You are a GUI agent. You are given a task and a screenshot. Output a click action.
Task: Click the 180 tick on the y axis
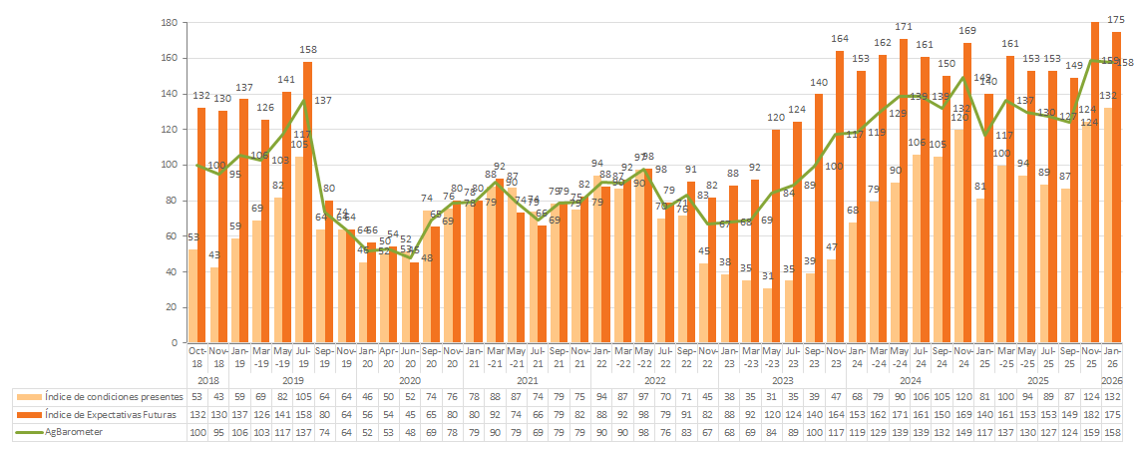(x=170, y=22)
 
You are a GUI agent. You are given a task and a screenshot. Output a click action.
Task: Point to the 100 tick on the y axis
(x=170, y=165)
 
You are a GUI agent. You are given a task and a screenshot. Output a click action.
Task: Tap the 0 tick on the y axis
(x=175, y=343)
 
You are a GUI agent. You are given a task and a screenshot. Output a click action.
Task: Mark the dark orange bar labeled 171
(x=904, y=190)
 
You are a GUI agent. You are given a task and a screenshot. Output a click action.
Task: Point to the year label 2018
(x=206, y=380)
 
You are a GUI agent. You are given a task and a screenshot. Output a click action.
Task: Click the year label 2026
(x=1111, y=380)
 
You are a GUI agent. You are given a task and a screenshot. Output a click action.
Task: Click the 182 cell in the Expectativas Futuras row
(x=1090, y=414)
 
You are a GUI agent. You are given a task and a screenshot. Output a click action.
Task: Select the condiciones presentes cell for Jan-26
(x=1111, y=396)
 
